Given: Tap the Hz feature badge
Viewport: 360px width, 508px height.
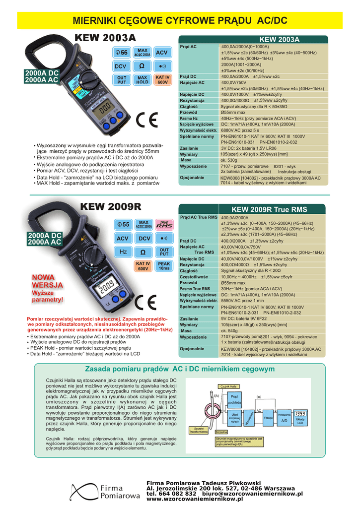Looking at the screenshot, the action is [x=123, y=252].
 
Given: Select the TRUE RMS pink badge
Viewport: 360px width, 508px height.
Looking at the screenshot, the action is [x=164, y=225].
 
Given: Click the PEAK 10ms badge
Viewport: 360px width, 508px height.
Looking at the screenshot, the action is [x=164, y=266].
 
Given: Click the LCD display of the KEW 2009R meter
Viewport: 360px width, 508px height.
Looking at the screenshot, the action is [x=106, y=286].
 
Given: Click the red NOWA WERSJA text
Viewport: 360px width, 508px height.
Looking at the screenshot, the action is [x=47, y=281].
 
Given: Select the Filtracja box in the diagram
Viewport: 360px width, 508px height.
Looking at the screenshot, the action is [x=269, y=418].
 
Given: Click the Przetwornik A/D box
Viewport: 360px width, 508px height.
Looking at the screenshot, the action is [x=285, y=418].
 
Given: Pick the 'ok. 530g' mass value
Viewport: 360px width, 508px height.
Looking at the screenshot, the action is [x=228, y=160].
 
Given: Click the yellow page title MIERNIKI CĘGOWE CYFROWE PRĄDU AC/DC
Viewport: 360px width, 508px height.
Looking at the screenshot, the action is [x=180, y=20].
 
